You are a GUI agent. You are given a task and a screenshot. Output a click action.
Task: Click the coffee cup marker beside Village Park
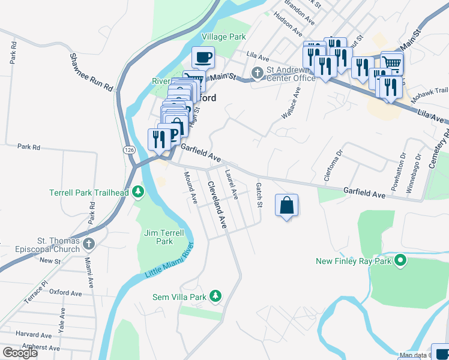(x=203, y=57)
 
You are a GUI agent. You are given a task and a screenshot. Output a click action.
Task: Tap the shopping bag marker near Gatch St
(x=287, y=205)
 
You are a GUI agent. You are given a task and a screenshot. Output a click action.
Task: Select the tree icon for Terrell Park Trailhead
(x=139, y=192)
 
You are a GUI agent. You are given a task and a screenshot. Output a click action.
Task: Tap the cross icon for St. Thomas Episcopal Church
(x=89, y=244)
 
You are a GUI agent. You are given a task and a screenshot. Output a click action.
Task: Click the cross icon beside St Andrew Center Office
(x=258, y=73)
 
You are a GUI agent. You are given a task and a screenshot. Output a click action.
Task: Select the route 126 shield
(x=130, y=149)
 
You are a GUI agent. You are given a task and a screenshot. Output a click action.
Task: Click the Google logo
(x=20, y=353)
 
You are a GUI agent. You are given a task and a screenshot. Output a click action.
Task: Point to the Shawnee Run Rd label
(x=91, y=72)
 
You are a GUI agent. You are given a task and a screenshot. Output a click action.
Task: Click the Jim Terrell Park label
(x=158, y=237)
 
